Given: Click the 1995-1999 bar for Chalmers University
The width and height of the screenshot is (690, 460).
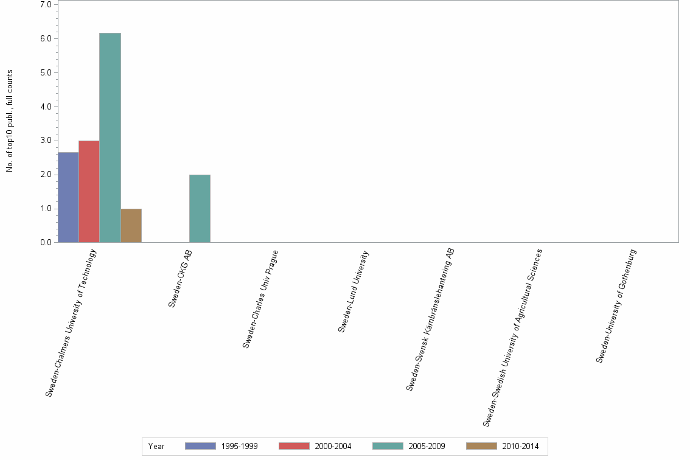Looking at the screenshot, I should pyautogui.click(x=68, y=197).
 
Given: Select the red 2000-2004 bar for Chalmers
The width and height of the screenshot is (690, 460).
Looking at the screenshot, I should pyautogui.click(x=89, y=191).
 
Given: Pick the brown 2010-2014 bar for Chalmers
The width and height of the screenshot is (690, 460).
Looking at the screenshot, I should pyautogui.click(x=131, y=225).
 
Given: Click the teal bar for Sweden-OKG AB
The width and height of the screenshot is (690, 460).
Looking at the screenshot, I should pyautogui.click(x=200, y=208).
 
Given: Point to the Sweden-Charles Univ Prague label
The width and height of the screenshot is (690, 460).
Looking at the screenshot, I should pyautogui.click(x=260, y=299).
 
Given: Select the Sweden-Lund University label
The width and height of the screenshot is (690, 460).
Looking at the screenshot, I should pyautogui.click(x=353, y=291).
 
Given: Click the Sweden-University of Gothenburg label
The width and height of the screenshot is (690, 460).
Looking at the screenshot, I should pyautogui.click(x=616, y=305).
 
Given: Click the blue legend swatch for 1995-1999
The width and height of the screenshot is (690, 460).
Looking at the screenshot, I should pyautogui.click(x=200, y=446).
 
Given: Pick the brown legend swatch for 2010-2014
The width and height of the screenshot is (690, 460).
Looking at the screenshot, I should pyautogui.click(x=481, y=446).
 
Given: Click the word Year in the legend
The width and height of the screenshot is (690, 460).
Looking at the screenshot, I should pyautogui.click(x=156, y=446).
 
